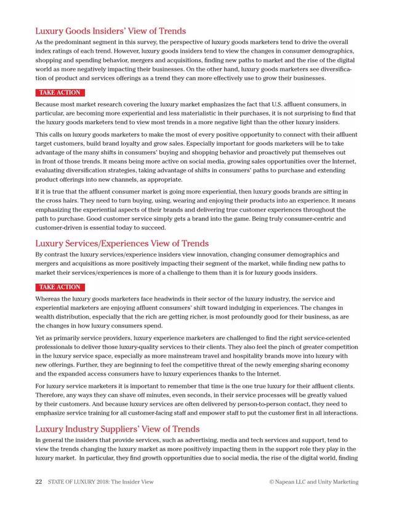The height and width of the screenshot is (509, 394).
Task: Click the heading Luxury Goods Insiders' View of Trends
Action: (x=110, y=31)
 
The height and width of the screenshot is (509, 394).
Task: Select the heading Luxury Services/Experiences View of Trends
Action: (x=122, y=243)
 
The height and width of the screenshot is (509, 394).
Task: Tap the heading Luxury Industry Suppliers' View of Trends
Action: (x=117, y=428)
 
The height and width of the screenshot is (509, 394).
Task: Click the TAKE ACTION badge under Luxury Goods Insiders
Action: (x=60, y=93)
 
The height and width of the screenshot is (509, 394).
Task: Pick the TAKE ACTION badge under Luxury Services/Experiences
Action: (x=60, y=287)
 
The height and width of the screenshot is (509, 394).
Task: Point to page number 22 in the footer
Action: (x=38, y=482)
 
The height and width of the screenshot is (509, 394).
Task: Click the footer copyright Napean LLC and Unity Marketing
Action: (x=313, y=482)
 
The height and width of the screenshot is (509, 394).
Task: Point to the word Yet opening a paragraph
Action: (x=41, y=337)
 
